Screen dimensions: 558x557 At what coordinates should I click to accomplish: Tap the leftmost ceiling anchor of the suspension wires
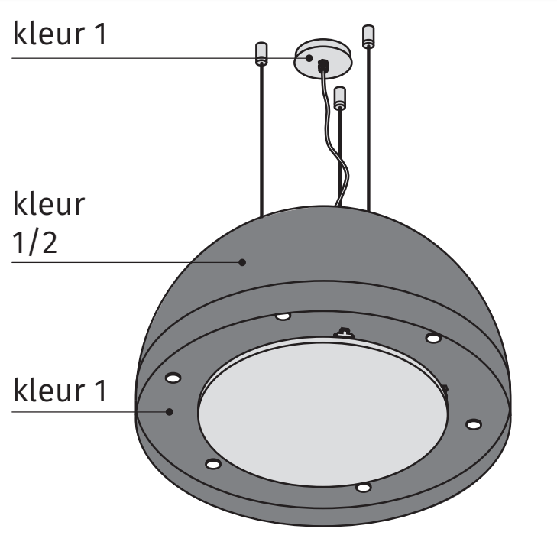coord(261,54)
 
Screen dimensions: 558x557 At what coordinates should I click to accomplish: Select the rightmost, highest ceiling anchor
coord(368,34)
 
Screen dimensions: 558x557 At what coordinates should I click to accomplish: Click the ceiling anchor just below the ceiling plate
coord(341,97)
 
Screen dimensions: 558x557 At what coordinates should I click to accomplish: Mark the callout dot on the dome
coord(242,261)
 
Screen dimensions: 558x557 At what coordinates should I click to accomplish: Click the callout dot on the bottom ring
coord(170,411)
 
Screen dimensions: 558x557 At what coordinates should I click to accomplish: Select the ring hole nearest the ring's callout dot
coord(173,378)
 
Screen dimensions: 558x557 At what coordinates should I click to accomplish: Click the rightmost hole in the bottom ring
coord(474,423)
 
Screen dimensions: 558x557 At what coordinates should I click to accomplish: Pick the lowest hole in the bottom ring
coord(364,487)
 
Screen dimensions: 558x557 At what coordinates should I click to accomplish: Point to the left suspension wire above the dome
coord(261,138)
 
